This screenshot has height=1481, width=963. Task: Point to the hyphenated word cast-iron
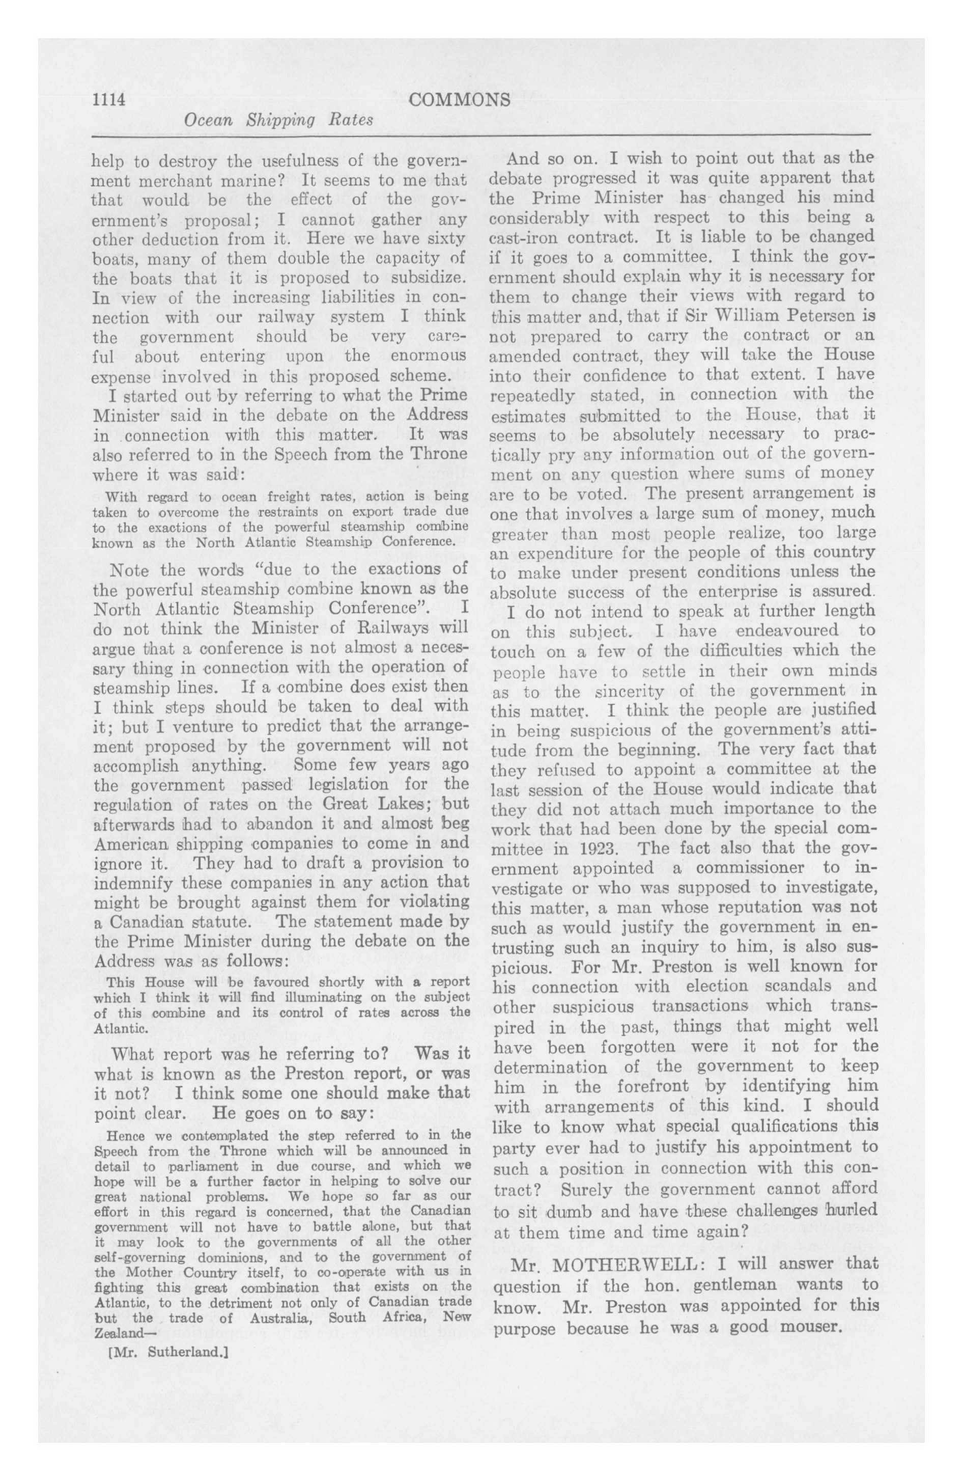click(527, 237)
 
